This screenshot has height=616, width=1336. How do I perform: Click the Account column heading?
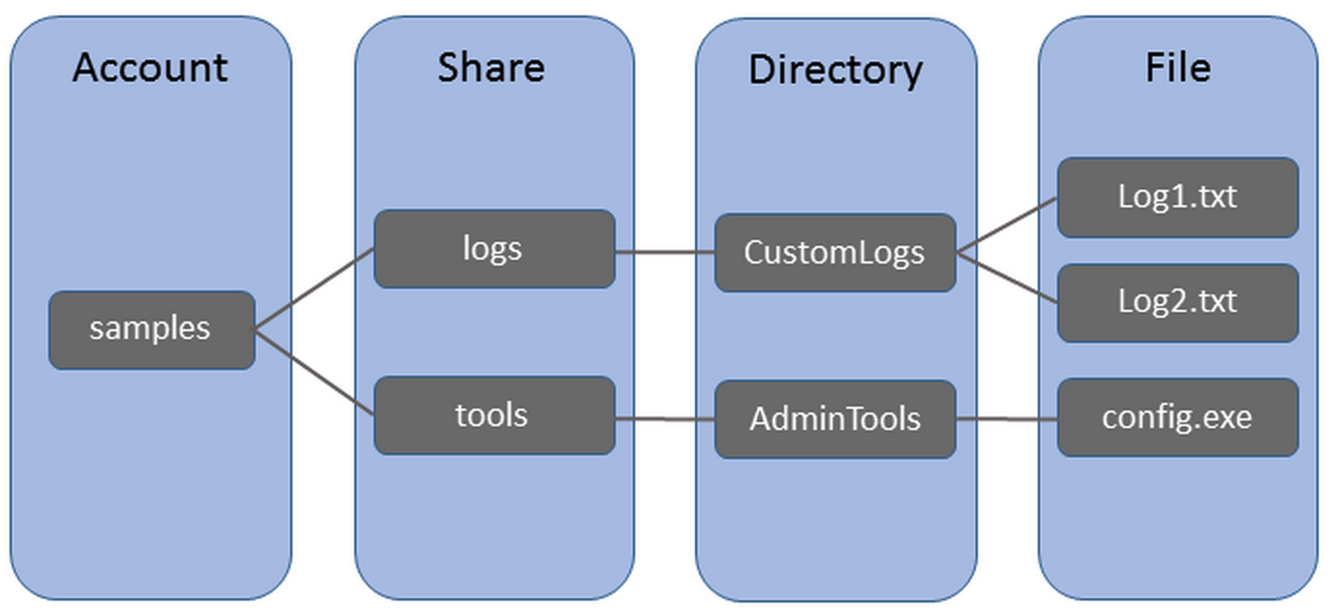[150, 68]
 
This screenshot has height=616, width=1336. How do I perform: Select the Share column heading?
[491, 67]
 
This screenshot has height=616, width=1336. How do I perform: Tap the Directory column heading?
[835, 70]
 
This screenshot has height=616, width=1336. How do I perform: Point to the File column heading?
[1177, 67]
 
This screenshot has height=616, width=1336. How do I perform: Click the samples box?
[151, 329]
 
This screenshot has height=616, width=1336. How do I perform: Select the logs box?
[494, 249]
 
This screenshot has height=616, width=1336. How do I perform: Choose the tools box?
[494, 416]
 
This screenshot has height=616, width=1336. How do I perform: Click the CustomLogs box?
[835, 253]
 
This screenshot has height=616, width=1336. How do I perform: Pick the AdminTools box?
[835, 419]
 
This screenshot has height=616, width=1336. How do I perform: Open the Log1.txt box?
[1177, 198]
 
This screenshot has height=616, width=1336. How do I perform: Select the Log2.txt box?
[1177, 302]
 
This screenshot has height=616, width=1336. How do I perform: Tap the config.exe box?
[1177, 417]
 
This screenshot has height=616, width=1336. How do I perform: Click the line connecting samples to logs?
[315, 289]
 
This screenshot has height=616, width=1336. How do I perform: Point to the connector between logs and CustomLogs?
[665, 253]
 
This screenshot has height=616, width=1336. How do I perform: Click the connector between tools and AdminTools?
[665, 419]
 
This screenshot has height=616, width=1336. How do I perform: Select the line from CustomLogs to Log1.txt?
[1007, 226]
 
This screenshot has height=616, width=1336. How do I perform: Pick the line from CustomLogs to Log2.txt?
[1007, 278]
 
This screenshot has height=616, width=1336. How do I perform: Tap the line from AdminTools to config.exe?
[1007, 419]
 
